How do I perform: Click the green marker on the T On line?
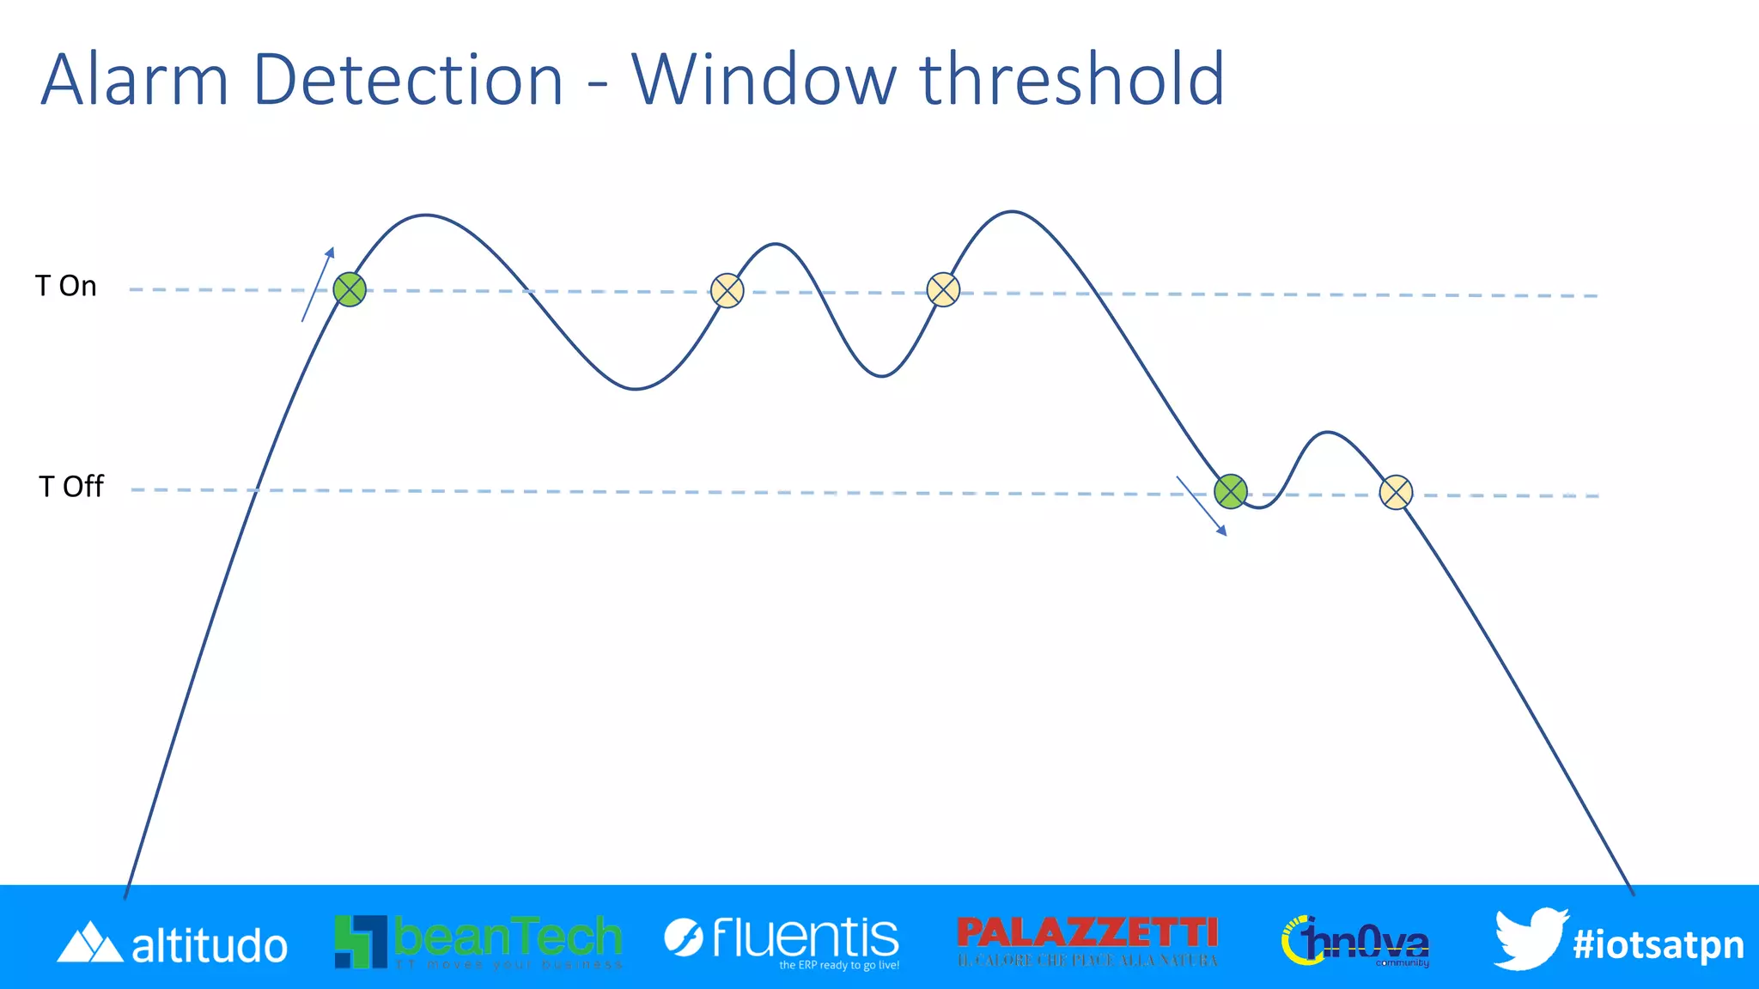350,290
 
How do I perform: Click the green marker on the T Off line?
1230,491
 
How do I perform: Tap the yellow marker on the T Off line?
1396,493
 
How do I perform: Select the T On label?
66,286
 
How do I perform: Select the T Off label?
71,487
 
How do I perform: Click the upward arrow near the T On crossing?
318,284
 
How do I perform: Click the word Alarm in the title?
135,80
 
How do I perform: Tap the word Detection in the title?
408,80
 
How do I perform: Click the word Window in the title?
763,80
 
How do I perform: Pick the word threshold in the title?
1072,80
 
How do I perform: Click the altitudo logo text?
210,946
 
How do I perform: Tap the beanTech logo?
478,941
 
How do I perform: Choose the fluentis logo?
782,941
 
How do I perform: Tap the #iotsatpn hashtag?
1659,944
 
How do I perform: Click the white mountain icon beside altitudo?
89,943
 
